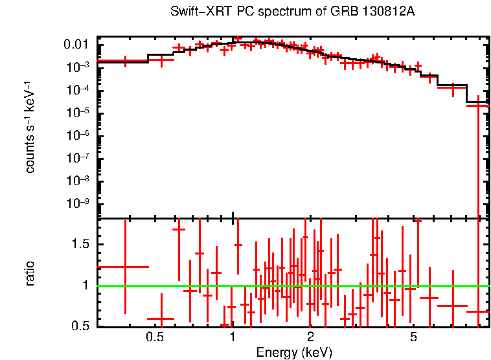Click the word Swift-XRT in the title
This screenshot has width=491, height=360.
tap(194, 12)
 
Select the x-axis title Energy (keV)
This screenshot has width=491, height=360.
tap(294, 352)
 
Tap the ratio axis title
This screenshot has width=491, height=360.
tap(30, 273)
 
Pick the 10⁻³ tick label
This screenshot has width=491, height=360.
tap(78, 67)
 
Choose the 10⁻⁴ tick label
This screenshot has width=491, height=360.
tap(78, 89)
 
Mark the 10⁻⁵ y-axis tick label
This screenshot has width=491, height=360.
tap(78, 112)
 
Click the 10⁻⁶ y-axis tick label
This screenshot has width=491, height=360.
tap(78, 135)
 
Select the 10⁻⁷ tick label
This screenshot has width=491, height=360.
tap(78, 157)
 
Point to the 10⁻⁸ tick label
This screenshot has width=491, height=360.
tap(78, 180)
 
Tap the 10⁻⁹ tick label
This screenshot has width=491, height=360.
tap(78, 203)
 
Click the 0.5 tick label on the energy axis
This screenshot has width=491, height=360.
tap(154, 337)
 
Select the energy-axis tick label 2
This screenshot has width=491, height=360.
tap(311, 337)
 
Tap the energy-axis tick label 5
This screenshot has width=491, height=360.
tap(414, 337)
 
